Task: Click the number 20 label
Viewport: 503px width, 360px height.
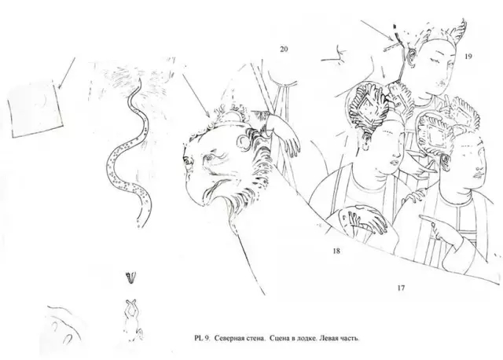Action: [284, 49]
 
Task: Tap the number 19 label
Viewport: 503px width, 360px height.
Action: [468, 57]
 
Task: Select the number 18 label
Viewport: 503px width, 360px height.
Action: [336, 251]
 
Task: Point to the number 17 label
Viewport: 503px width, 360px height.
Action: [401, 288]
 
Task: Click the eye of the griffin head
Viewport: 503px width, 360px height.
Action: [209, 157]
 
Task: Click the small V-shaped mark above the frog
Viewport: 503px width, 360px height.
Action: [131, 278]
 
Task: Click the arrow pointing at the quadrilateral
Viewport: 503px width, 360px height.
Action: [66, 73]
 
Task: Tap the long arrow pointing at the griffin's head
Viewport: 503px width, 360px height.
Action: [196, 95]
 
